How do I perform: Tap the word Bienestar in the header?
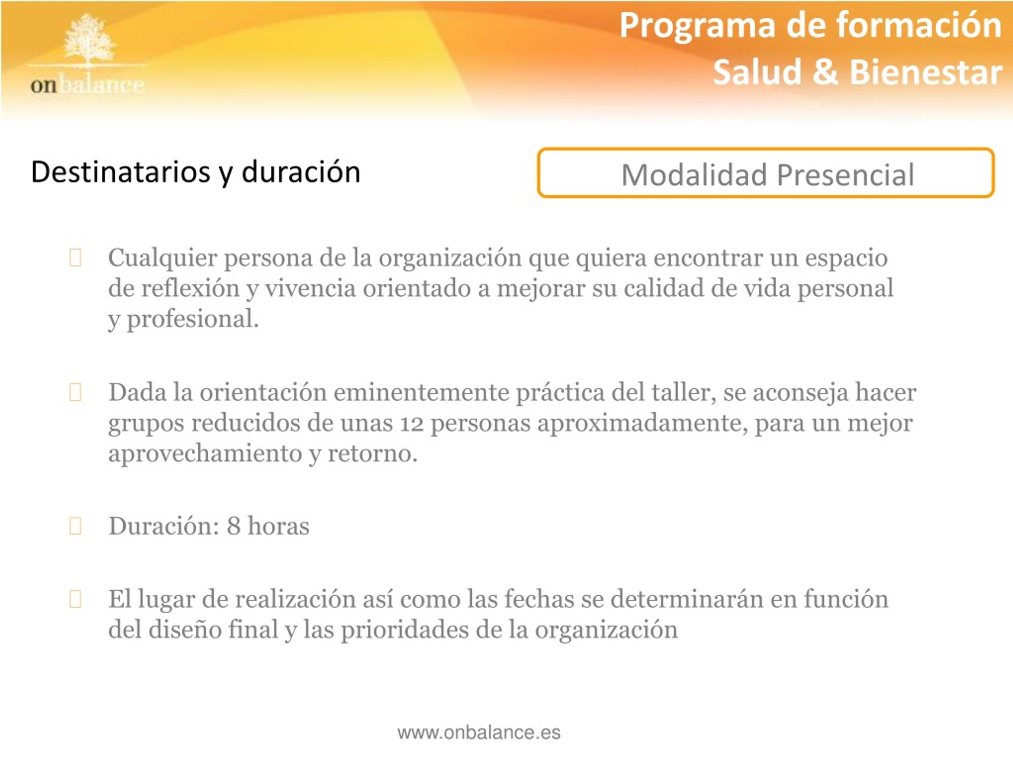[x=926, y=72]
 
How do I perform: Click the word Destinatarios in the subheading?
[x=120, y=172]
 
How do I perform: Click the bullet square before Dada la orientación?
[x=75, y=392]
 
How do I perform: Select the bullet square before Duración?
[x=75, y=526]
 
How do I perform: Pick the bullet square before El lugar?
[x=75, y=599]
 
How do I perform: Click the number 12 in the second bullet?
[x=412, y=423]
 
